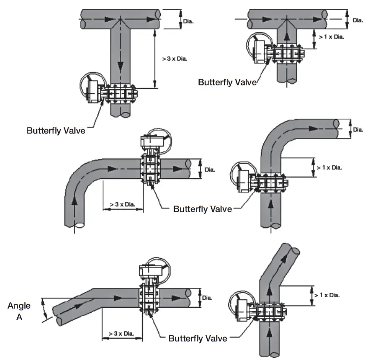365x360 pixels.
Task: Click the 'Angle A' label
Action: pos(19,310)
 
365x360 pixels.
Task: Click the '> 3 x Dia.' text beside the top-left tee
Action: pos(175,59)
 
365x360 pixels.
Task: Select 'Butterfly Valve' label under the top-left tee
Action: pos(56,131)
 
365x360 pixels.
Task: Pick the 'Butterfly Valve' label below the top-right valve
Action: pos(227,82)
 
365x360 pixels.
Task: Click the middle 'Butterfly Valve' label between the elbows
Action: pos(202,209)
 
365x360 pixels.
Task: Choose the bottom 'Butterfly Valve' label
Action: pos(198,338)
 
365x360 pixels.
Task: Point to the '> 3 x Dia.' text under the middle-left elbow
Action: pos(122,204)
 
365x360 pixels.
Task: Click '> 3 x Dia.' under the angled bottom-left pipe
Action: pos(122,333)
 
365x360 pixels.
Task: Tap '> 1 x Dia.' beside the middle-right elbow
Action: pos(329,168)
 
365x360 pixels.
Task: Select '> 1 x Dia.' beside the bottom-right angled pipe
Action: pos(327,295)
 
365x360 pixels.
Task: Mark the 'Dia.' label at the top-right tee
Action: pos(357,20)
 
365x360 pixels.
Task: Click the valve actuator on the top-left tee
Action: pos(92,90)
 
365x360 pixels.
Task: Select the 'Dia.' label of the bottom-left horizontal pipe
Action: pos(207,298)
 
